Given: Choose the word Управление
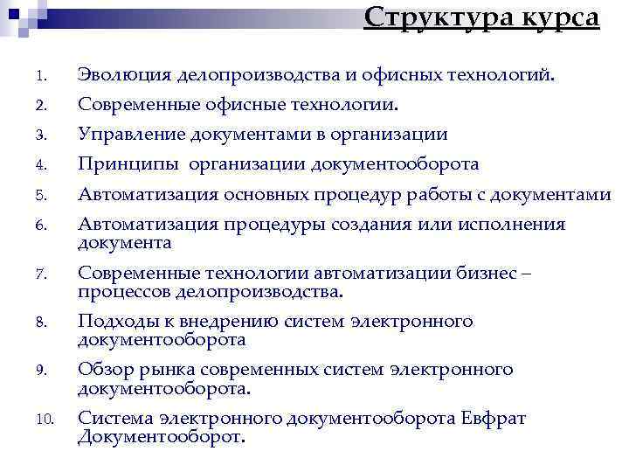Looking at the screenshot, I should [x=128, y=135].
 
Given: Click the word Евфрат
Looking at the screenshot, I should [x=494, y=418].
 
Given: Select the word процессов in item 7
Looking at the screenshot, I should [x=122, y=291].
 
